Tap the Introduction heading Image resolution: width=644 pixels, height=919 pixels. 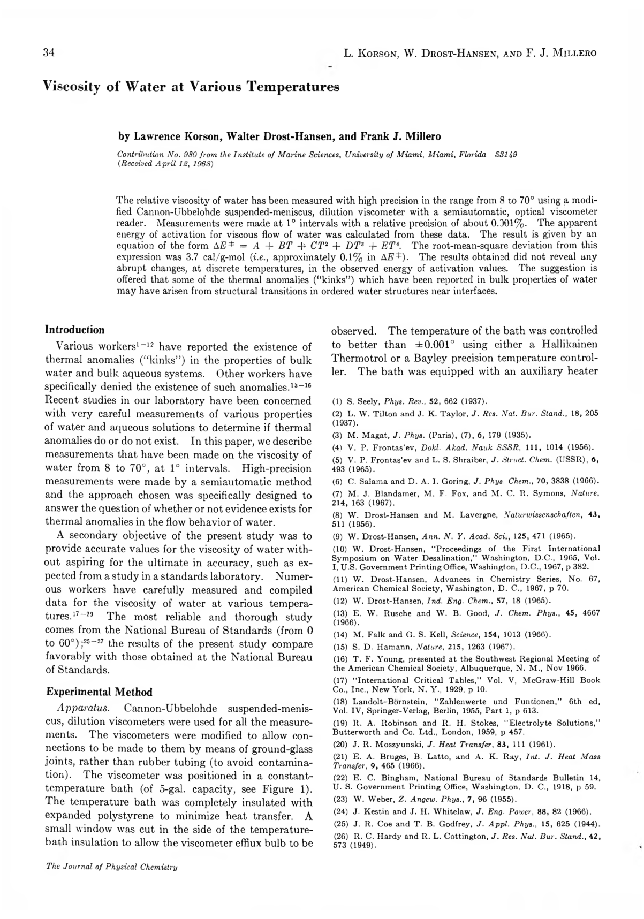pyautogui.click(x=75, y=330)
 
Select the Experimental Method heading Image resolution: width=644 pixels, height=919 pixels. pyautogui.click(x=99, y=692)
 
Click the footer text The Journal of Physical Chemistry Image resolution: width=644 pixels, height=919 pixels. pyautogui.click(x=111, y=867)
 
